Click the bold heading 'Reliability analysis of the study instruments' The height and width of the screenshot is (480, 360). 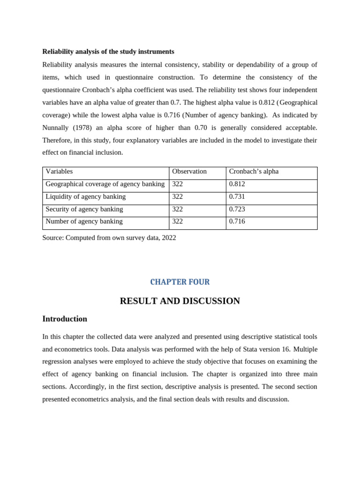click(108, 52)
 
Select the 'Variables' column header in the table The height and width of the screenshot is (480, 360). click(59, 172)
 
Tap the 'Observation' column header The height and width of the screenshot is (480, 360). click(189, 172)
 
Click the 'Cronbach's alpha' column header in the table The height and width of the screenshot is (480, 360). click(254, 172)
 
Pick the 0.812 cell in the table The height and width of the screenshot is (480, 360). click(237, 184)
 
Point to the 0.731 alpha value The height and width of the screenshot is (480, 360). click(237, 197)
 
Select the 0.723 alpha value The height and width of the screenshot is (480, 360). click(237, 209)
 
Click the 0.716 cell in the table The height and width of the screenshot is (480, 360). click(237, 221)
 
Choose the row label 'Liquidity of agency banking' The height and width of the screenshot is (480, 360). click(85, 197)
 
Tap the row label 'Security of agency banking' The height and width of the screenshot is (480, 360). click(84, 209)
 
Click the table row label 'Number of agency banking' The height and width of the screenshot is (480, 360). click(84, 221)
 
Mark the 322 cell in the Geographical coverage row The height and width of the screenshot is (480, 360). click(178, 184)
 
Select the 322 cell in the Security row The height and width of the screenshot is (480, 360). click(178, 209)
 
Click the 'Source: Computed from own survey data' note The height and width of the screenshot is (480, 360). click(109, 238)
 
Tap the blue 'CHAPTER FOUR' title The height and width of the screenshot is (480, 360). click(180, 282)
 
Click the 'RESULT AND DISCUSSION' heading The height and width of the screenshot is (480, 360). click(180, 301)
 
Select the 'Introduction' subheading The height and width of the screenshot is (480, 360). click(65, 319)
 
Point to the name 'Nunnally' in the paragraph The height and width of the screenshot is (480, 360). click(56, 127)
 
